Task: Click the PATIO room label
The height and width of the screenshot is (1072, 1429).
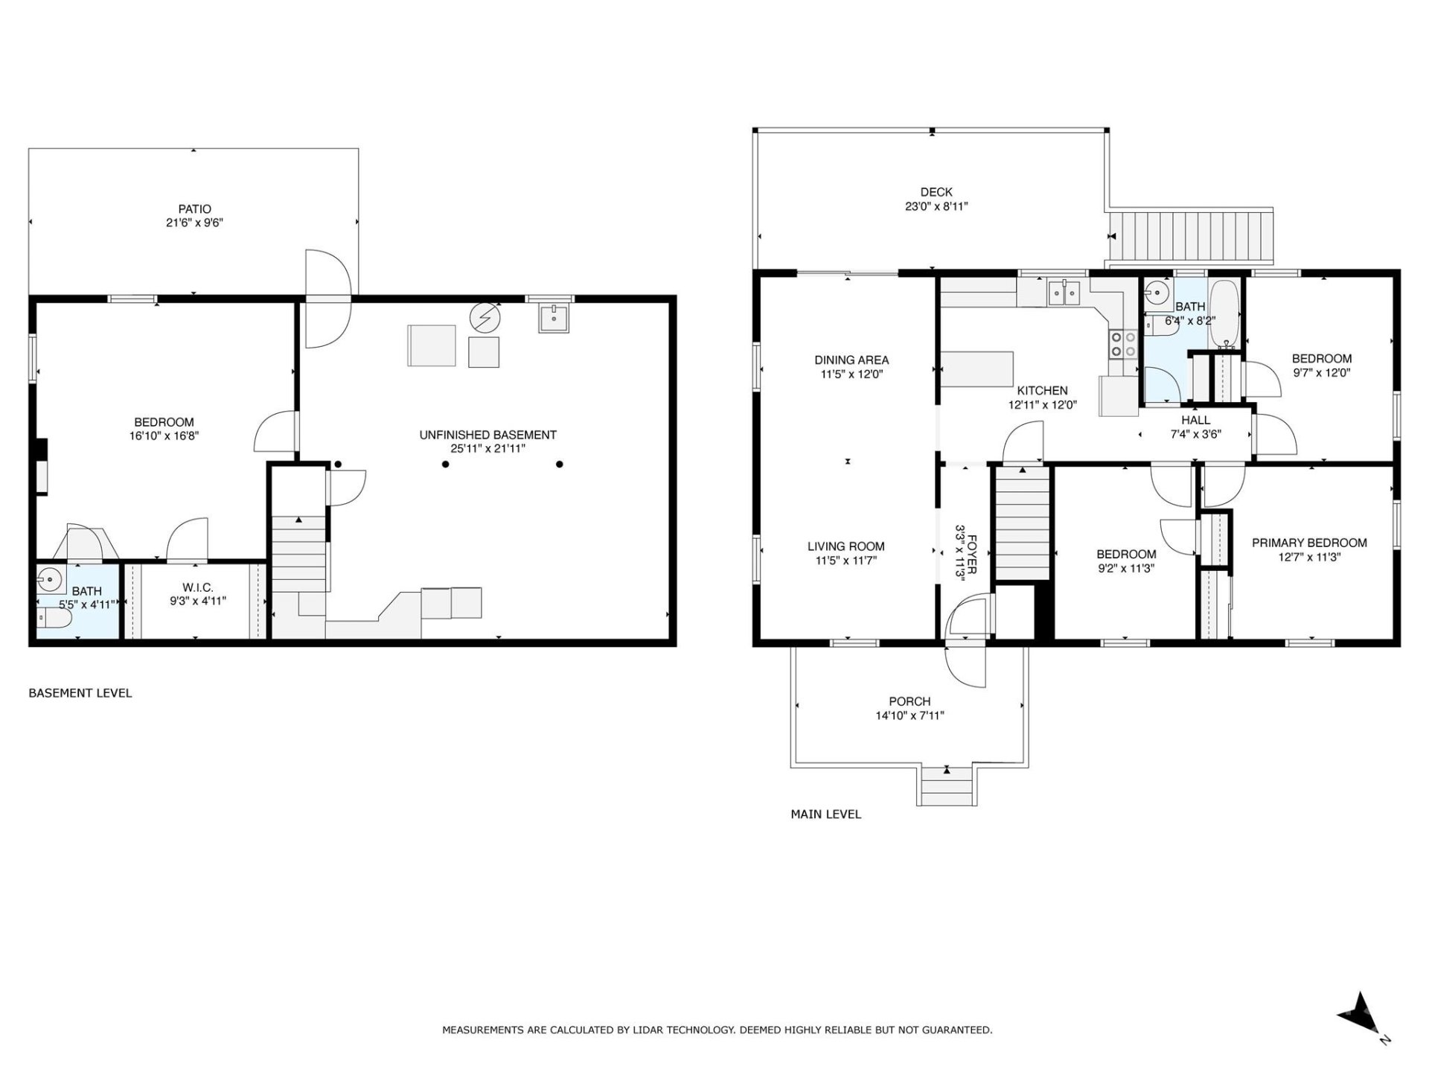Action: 194,209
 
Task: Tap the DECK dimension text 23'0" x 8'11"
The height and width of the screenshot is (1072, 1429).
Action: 936,206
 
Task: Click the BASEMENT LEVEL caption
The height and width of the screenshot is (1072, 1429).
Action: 80,693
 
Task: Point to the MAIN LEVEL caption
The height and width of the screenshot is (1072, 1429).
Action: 825,814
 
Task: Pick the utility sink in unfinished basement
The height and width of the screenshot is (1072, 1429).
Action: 554,318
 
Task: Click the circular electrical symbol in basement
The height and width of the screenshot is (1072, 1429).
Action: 485,319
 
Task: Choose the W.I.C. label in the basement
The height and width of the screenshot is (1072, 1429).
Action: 197,588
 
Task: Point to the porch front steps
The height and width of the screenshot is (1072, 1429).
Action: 947,786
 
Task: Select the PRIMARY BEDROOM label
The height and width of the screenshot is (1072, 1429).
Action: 1308,543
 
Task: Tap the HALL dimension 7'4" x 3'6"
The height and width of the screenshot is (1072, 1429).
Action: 1195,435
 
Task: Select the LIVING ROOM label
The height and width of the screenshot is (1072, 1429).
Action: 845,546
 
